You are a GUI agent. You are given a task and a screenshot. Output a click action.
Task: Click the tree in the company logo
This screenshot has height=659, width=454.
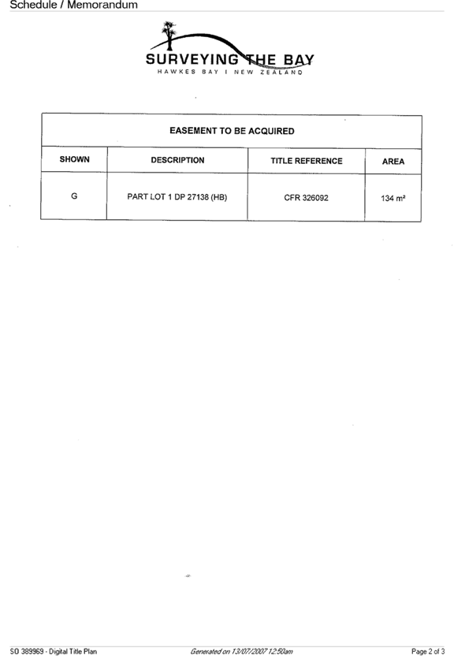coord(169,35)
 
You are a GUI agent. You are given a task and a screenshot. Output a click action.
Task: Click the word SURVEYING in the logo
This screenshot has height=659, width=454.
coord(192,60)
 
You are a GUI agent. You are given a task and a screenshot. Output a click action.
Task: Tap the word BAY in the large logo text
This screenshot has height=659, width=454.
coord(299,60)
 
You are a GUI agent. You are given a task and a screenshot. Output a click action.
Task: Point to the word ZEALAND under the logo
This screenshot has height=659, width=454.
coord(281,72)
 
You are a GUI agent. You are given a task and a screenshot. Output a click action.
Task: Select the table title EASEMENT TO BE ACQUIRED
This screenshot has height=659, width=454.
coord(232,131)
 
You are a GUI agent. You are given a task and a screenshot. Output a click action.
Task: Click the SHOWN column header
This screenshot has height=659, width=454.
coord(74,159)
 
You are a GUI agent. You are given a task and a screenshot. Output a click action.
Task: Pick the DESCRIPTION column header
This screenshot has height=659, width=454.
coord(177,160)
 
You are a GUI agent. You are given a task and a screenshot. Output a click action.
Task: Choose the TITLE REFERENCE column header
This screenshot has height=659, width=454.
coord(307,161)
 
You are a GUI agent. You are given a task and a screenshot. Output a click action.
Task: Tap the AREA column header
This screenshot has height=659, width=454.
coord(393,162)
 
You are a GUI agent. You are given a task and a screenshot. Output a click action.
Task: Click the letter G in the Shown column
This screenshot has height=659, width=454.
coord(74,195)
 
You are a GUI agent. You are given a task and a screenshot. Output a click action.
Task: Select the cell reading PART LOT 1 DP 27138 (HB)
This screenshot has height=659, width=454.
coord(177,197)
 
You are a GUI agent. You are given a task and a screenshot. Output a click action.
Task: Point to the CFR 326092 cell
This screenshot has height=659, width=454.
coord(306,198)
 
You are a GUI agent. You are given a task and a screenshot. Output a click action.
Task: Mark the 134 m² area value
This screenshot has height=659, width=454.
coord(393,199)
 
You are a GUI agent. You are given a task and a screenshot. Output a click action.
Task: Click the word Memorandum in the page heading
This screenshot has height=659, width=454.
coord(102,5)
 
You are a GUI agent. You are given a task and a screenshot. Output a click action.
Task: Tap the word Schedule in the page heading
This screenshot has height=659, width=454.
coord(33,5)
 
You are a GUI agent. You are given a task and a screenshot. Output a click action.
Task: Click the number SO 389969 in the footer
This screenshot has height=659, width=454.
coord(27,651)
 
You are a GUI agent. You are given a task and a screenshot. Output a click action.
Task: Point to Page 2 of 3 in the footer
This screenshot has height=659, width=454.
coord(428,651)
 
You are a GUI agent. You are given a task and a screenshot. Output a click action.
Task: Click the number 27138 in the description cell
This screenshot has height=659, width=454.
coord(198,197)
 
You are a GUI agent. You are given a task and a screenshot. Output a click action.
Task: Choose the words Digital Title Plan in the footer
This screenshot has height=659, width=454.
coord(73,651)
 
